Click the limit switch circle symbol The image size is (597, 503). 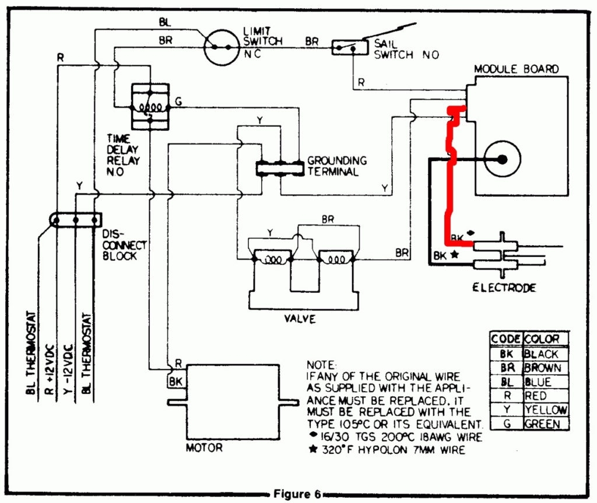(222, 46)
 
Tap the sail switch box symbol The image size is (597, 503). (346, 48)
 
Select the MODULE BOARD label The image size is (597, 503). (516, 69)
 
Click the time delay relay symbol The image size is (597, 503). (149, 107)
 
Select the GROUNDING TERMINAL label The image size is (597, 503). (336, 166)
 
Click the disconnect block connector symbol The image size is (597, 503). (76, 221)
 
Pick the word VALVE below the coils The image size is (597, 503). (300, 319)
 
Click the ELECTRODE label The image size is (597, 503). (505, 287)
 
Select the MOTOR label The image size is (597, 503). (203, 448)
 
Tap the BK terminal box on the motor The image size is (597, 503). (175, 381)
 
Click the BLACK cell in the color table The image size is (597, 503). (542, 354)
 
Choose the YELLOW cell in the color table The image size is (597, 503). (545, 410)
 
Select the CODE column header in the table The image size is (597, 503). (506, 339)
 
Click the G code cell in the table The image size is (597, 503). (506, 424)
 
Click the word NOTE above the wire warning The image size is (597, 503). (319, 364)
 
